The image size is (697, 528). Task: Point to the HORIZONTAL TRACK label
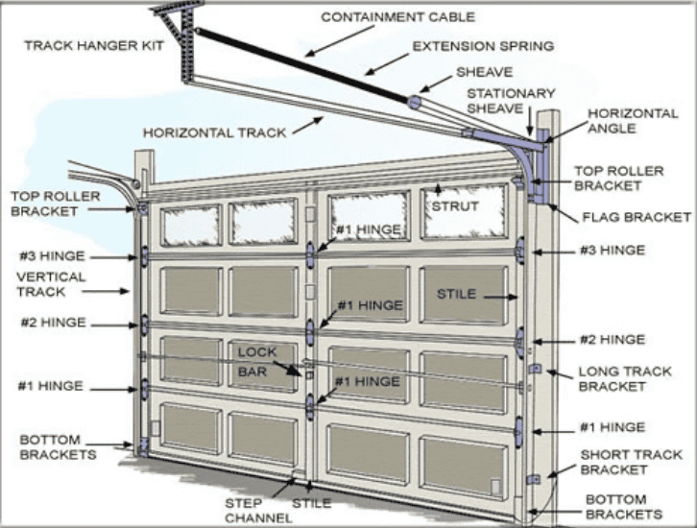click(x=214, y=132)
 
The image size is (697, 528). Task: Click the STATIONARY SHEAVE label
click(x=511, y=101)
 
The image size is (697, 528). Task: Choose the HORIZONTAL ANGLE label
click(x=633, y=121)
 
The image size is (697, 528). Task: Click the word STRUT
click(x=449, y=205)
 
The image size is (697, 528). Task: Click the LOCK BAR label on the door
click(x=257, y=360)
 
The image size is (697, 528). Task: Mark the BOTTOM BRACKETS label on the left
click(x=58, y=446)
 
